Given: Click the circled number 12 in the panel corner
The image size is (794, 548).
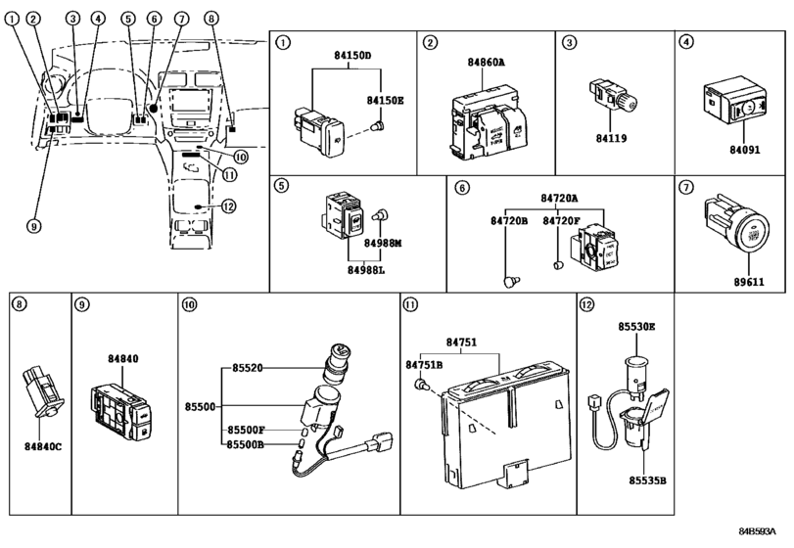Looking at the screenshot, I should point(586,304).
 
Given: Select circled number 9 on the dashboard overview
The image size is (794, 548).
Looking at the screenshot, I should point(33,226).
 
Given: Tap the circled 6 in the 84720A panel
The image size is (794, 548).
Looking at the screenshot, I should point(461,186).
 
